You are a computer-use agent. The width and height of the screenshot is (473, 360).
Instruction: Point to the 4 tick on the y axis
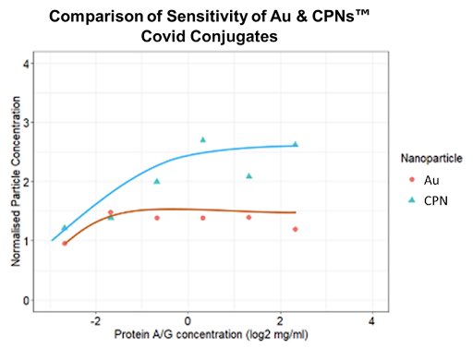[30, 64]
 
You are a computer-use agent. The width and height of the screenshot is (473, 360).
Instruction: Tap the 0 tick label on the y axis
[30, 300]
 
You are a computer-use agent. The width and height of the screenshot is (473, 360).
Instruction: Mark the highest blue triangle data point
[202, 140]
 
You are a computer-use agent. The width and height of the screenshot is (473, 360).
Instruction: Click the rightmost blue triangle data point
[296, 144]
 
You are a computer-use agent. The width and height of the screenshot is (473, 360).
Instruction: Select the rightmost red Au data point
[296, 229]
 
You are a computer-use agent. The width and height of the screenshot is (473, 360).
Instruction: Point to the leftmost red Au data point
[64, 244]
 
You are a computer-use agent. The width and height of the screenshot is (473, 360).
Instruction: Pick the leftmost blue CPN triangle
[65, 228]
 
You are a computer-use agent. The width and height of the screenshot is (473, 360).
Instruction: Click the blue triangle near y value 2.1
[249, 175]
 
